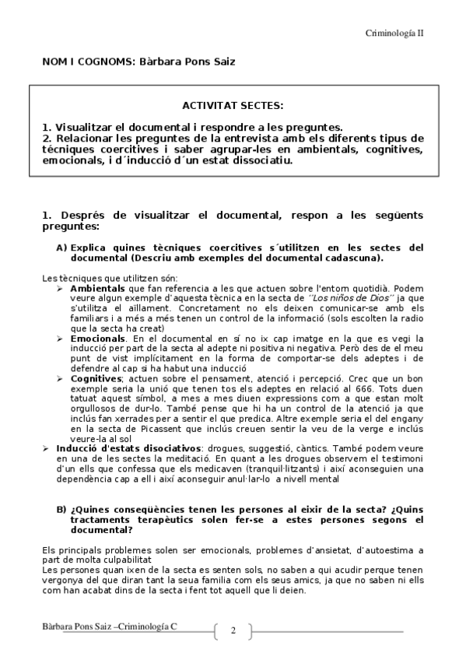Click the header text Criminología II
(394, 33)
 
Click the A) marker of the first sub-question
(61, 247)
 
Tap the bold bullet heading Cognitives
(94, 377)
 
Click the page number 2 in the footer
(232, 630)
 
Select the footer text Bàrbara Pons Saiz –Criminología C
(109, 627)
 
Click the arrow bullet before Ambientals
(61, 288)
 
